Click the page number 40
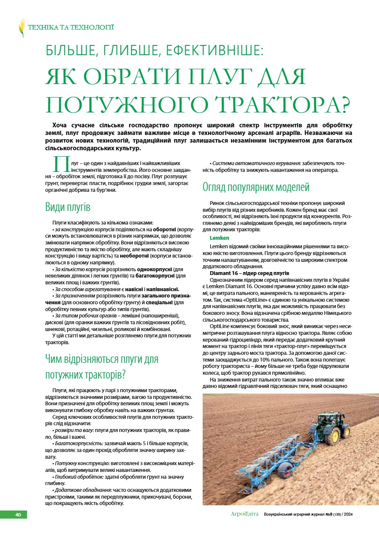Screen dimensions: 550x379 pos(18,515)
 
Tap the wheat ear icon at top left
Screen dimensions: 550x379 pos(21,28)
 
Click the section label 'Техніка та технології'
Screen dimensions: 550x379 pos(71,28)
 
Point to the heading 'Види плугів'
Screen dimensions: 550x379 pos(68,208)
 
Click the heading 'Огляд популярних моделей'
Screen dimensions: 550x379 pos(256,187)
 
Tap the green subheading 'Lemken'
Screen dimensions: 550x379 pos(219,238)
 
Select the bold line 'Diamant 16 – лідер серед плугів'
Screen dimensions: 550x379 pos(249,273)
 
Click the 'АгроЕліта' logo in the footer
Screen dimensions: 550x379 pos(244,514)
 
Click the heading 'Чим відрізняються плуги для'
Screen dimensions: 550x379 pos(102,359)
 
